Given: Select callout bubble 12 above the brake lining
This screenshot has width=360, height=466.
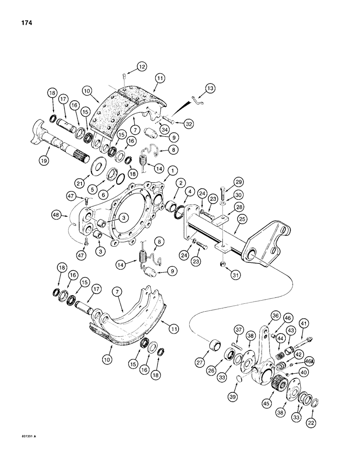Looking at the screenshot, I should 142,67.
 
